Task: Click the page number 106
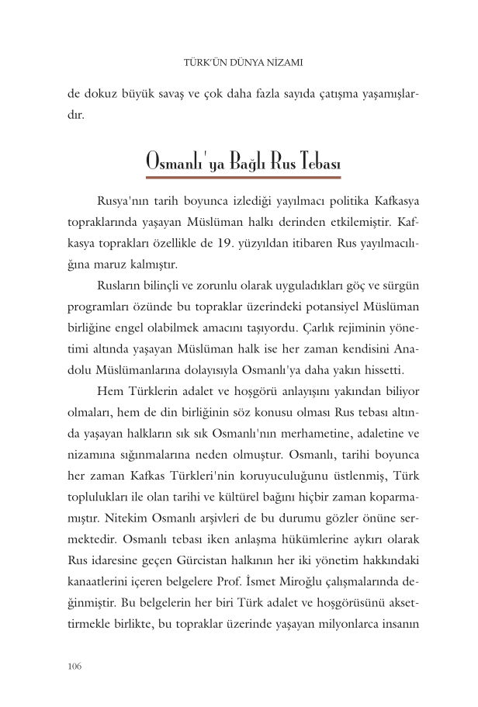click(75, 667)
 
